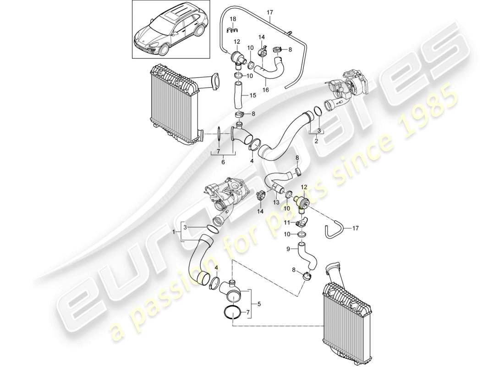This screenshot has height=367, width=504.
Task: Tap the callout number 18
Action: (233, 18)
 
